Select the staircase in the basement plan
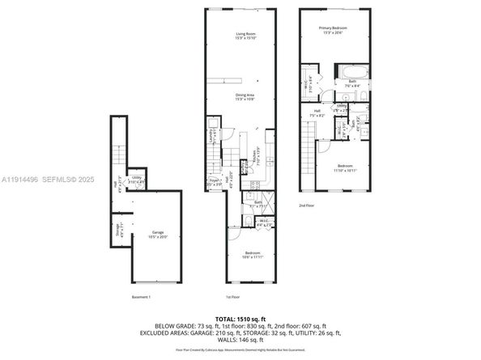pos(118,154)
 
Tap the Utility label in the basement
pos(137,180)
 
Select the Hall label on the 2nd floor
pos(317,114)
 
